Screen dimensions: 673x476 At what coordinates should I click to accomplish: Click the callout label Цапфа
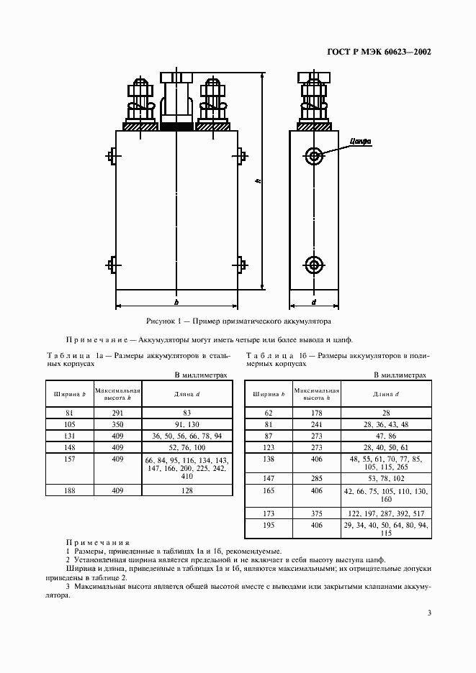point(360,142)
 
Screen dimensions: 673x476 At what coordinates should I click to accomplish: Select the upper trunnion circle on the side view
point(314,155)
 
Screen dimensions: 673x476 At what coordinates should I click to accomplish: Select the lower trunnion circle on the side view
point(314,265)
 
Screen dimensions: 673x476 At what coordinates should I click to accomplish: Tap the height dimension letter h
point(257,182)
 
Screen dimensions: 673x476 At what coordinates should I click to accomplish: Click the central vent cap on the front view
point(176,101)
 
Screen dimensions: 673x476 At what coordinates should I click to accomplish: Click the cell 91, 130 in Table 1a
point(187,424)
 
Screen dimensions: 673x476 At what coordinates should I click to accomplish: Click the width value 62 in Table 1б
point(269,413)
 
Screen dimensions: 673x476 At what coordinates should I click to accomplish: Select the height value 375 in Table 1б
point(317,513)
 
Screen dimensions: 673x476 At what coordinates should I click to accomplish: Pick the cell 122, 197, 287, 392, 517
point(386,513)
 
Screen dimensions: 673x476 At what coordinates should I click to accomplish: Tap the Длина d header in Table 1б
point(386,394)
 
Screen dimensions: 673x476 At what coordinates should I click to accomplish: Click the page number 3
point(428,613)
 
